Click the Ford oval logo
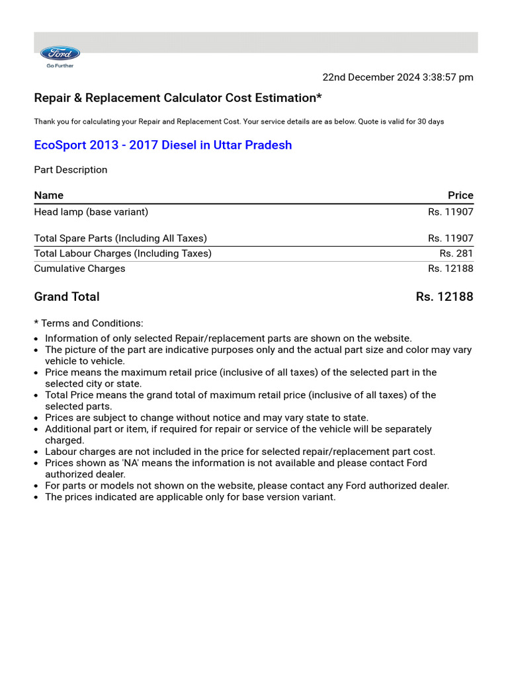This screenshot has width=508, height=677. pos(60,54)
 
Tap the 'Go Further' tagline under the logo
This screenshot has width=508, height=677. pos(60,65)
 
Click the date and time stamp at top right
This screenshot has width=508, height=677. pos(398,77)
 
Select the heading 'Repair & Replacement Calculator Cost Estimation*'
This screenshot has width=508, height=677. pos(178,98)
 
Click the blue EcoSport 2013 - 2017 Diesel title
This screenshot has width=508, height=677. pos(163,145)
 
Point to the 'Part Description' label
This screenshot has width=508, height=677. pos(70,170)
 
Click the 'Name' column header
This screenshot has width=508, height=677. pos(49,195)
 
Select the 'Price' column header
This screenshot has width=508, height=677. pos(460,195)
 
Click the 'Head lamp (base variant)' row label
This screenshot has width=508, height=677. pos(91,212)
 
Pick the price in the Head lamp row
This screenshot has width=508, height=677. pos(450,212)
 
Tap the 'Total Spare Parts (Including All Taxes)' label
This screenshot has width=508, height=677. pos(120,238)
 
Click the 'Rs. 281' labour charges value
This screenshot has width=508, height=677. pos(456,253)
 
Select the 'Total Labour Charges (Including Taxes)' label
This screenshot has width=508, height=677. pos(123,253)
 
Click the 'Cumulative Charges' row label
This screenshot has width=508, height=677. pos(79,268)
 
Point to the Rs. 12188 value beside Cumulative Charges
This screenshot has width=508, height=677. pos(450,268)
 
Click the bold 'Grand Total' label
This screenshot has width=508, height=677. pos(67,297)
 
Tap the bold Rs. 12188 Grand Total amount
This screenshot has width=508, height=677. pos(444,297)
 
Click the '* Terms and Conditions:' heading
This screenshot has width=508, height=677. pos(89,323)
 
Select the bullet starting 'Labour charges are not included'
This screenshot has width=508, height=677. pos(240,452)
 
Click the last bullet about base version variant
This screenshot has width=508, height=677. pos(190,497)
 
